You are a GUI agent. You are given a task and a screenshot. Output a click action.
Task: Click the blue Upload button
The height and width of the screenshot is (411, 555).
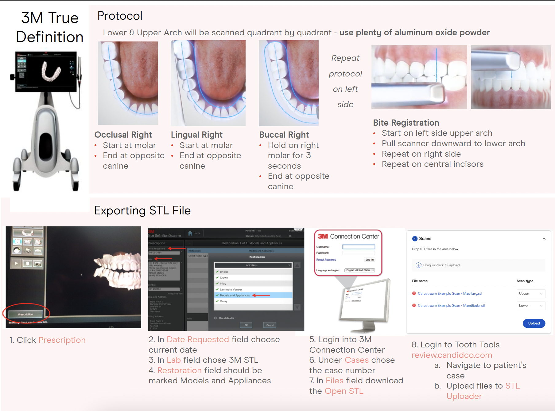click(x=534, y=323)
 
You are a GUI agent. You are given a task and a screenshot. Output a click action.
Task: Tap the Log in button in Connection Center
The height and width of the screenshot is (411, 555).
click(x=370, y=260)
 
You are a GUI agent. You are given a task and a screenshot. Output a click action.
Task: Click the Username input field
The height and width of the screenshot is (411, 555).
click(x=359, y=247)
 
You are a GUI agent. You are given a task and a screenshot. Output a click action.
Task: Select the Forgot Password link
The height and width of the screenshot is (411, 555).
click(x=326, y=260)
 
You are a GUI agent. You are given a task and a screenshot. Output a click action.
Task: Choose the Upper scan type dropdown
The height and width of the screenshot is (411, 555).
click(x=531, y=293)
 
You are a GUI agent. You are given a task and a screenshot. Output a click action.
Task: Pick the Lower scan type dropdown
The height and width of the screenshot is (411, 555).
click(x=531, y=305)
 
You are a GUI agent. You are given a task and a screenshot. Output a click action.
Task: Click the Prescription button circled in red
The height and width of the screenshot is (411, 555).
click(x=25, y=314)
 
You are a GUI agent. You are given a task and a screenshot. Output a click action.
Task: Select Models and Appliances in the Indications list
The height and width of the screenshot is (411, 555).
click(x=235, y=295)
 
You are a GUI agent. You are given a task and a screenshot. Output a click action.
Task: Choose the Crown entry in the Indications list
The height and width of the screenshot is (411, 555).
click(x=224, y=277)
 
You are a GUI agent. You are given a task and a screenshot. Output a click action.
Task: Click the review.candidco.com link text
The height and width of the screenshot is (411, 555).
click(x=452, y=355)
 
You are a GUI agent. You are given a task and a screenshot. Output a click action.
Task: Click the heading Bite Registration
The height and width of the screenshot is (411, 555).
click(x=406, y=123)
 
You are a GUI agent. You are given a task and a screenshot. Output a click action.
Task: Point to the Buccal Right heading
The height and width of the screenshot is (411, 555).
click(x=284, y=135)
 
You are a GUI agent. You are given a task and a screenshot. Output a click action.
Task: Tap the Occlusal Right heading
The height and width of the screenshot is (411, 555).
click(x=123, y=135)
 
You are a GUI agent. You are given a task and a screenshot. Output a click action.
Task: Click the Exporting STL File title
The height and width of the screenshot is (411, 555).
click(x=142, y=210)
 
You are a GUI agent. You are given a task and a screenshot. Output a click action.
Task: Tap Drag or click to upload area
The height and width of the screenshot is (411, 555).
click(x=441, y=265)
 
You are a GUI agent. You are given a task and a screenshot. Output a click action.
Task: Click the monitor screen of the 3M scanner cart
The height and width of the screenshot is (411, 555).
click(x=46, y=71)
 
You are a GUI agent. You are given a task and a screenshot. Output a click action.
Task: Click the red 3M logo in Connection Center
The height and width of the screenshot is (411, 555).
click(x=323, y=236)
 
